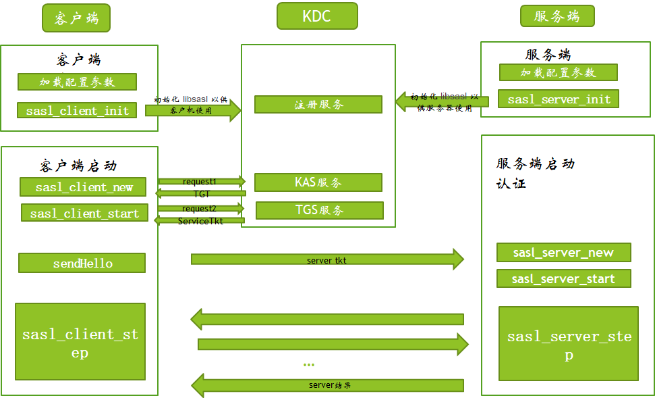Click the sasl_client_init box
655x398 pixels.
tap(77, 110)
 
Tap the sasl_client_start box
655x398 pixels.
tap(84, 214)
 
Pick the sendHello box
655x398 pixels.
tap(82, 263)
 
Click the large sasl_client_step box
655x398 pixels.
tap(80, 342)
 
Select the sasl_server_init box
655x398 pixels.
tap(559, 99)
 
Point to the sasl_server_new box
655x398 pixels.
tap(563, 253)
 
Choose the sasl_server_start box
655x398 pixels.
tap(563, 278)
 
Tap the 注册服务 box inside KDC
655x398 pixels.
tap(318, 104)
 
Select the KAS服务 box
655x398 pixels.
tap(318, 182)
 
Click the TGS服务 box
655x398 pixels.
tap(319, 210)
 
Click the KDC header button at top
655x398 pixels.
tap(317, 16)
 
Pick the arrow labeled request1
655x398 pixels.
tap(201, 181)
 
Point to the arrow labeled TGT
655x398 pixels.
tap(200, 194)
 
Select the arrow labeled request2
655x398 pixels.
tap(201, 209)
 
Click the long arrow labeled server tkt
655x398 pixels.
tap(327, 259)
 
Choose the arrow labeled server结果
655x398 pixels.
tap(329, 385)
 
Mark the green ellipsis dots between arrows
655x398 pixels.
tap(309, 365)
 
